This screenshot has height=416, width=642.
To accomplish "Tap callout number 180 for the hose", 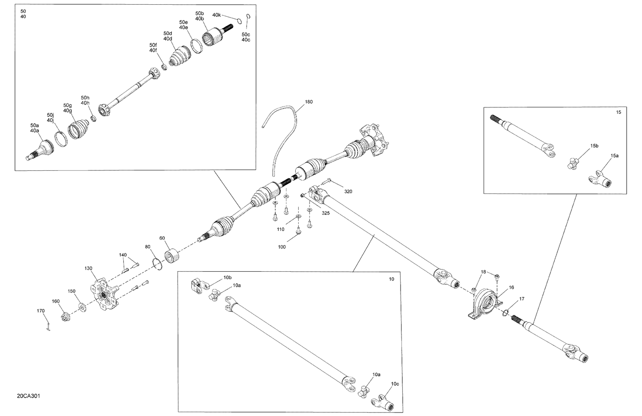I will click(309, 102).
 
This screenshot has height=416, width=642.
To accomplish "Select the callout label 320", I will click(348, 191).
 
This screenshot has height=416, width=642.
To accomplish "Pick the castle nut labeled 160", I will click(65, 317).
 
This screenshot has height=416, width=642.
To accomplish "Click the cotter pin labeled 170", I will click(48, 327).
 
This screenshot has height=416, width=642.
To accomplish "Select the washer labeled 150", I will click(81, 307).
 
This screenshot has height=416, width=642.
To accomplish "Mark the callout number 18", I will click(483, 272).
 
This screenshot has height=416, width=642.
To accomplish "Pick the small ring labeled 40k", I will click(238, 21).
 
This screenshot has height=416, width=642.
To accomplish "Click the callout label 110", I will click(280, 229).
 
